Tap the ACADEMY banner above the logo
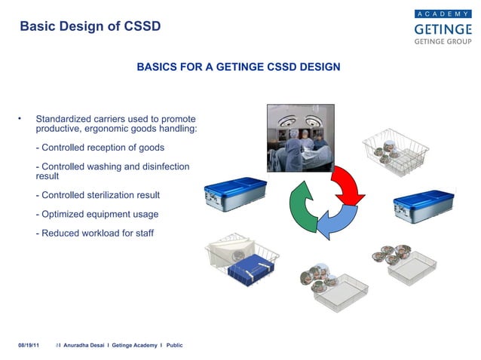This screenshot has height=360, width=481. [443, 14]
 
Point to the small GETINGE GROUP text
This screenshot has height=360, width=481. [443, 42]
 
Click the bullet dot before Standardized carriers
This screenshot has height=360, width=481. [20, 119]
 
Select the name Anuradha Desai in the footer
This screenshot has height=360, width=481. [84, 344]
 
